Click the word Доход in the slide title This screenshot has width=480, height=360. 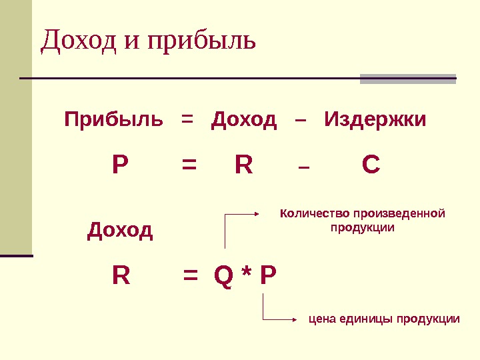click(x=79, y=41)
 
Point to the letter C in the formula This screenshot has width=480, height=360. click(x=371, y=165)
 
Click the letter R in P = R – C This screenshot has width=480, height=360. click(x=244, y=165)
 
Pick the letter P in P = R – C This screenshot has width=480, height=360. click(x=120, y=165)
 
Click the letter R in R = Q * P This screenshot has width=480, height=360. click(x=121, y=275)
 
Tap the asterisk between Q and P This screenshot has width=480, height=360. click(x=246, y=273)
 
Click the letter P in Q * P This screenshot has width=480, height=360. click(x=267, y=275)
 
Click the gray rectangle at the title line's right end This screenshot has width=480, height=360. click(x=408, y=79)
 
